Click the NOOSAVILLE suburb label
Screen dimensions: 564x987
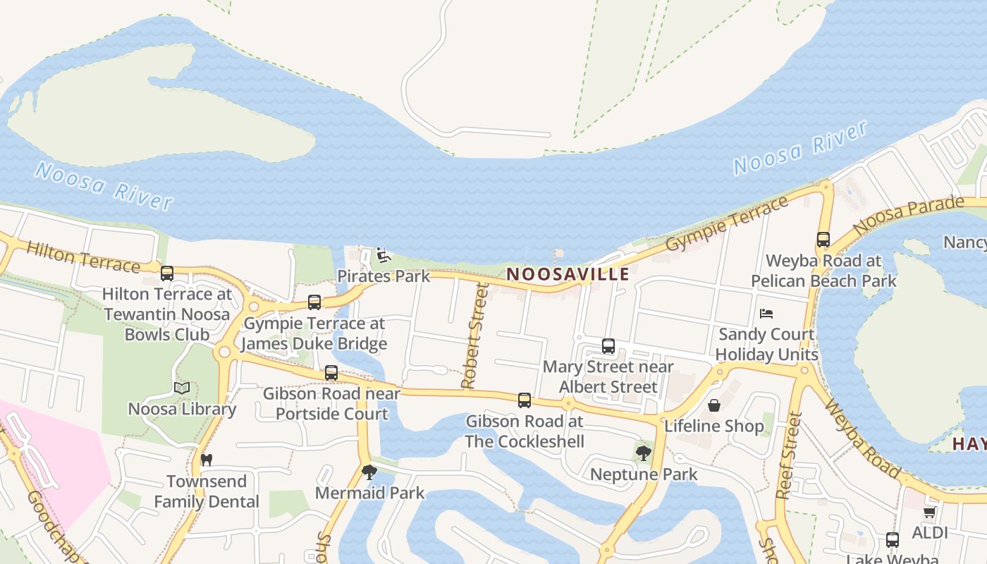(x=568, y=274)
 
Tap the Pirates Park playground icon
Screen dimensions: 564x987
(x=383, y=255)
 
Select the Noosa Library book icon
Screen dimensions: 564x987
(x=182, y=388)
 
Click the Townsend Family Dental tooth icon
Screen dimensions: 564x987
(x=207, y=460)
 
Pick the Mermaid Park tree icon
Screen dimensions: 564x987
(x=369, y=472)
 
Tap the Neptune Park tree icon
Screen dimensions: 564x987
(x=643, y=453)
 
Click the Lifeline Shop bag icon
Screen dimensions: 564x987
(x=714, y=405)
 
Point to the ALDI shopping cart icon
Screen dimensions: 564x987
(x=930, y=512)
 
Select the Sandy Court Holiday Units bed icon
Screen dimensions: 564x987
(x=766, y=313)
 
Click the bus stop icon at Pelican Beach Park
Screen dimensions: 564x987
(x=823, y=240)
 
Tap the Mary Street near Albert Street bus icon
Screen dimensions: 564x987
(x=608, y=346)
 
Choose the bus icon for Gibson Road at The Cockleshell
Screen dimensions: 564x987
(x=525, y=400)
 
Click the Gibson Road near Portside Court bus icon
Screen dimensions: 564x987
(x=331, y=372)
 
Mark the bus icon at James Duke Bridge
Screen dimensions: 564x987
(x=314, y=302)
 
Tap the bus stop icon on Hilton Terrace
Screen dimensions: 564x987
(x=167, y=273)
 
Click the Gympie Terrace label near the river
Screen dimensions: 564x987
(x=727, y=223)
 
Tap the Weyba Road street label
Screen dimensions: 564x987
(x=862, y=438)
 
